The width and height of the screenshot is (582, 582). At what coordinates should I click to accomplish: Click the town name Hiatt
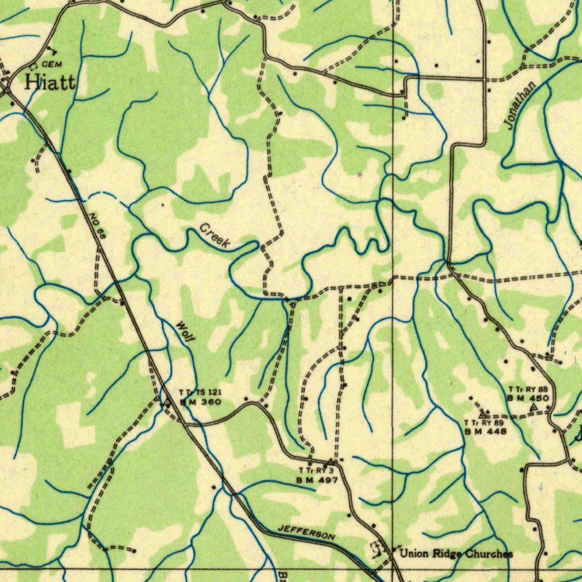click(50, 83)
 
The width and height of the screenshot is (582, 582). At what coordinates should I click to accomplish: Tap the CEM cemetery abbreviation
click(51, 65)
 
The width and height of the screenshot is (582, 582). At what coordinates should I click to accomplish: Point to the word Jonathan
click(522, 106)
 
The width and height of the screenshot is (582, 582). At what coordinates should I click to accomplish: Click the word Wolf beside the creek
click(185, 331)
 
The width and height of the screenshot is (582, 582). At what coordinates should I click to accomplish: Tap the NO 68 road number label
click(98, 225)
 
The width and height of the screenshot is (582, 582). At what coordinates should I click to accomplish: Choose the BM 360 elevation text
click(197, 402)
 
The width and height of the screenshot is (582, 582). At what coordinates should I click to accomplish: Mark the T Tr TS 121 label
click(197, 393)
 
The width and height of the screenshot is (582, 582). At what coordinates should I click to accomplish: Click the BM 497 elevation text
click(317, 480)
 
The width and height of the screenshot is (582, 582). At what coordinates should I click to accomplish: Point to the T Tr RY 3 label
click(316, 471)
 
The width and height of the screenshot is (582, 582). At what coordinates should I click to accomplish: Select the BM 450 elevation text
click(528, 398)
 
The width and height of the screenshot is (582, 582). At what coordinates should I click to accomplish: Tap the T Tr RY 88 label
click(528, 389)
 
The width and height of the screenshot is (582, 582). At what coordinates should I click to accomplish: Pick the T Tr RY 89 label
click(484, 423)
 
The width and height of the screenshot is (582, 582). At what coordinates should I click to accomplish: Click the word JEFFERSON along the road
click(306, 533)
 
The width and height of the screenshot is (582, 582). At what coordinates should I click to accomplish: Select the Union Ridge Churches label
click(456, 554)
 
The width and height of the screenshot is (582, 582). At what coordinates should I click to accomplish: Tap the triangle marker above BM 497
click(331, 460)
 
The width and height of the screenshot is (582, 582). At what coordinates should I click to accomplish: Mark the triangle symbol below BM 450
click(533, 408)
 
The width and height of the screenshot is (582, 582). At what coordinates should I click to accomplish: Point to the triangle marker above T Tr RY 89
click(483, 415)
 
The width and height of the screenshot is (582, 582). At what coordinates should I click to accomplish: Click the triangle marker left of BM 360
click(167, 403)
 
